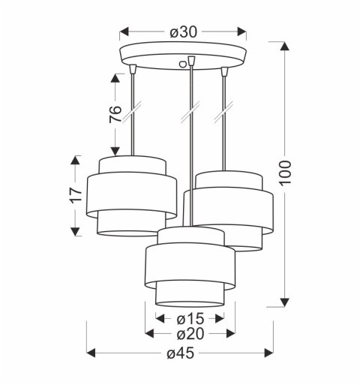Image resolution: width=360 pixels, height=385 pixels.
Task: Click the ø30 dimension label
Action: (183, 32)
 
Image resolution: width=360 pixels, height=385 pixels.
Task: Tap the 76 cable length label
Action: (115, 113)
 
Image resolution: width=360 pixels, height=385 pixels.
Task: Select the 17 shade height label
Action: (75, 195)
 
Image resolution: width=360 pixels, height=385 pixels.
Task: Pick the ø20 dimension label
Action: (190, 334)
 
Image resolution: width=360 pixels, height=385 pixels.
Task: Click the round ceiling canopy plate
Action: (183, 56)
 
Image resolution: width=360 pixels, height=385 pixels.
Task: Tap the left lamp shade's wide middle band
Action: (131, 197)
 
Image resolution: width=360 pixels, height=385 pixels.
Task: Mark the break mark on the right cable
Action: (223, 115)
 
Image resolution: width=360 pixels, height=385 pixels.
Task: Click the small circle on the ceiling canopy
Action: (183, 64)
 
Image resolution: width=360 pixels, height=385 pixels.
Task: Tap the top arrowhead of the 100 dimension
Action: (285, 47)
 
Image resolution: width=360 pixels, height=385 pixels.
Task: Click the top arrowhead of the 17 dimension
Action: (75, 160)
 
